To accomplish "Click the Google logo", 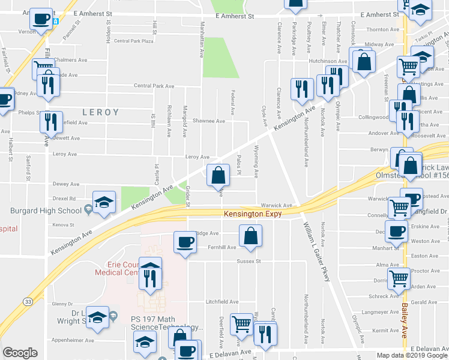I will coord(20,353).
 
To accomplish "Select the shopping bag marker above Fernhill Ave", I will coord(250,235).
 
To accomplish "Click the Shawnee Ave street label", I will coord(212,121).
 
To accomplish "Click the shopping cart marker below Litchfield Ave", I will coord(241,323).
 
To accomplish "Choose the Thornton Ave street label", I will coord(382,29).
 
